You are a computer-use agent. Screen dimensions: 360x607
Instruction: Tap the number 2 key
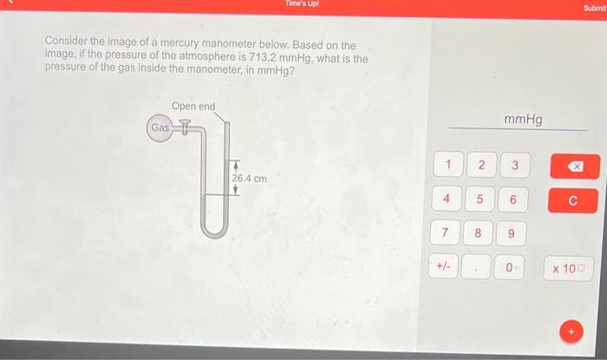point(480,165)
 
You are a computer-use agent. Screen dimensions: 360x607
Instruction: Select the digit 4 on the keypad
point(447,200)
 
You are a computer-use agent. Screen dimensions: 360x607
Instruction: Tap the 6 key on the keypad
point(513,200)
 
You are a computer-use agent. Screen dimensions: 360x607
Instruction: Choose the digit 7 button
point(446,233)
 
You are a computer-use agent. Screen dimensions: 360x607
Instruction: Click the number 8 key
point(478,233)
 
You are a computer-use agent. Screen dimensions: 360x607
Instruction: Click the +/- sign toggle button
point(443,267)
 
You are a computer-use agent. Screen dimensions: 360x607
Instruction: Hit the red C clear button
point(572,200)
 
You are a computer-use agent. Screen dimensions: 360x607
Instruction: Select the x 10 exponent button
point(569,268)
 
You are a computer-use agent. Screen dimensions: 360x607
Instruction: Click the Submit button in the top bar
point(594,7)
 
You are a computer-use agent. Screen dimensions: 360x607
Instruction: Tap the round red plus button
point(571,331)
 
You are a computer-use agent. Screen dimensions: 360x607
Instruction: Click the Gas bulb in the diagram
point(160,128)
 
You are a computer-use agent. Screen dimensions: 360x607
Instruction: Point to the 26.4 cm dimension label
point(249,179)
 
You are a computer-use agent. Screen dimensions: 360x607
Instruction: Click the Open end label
point(193,107)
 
